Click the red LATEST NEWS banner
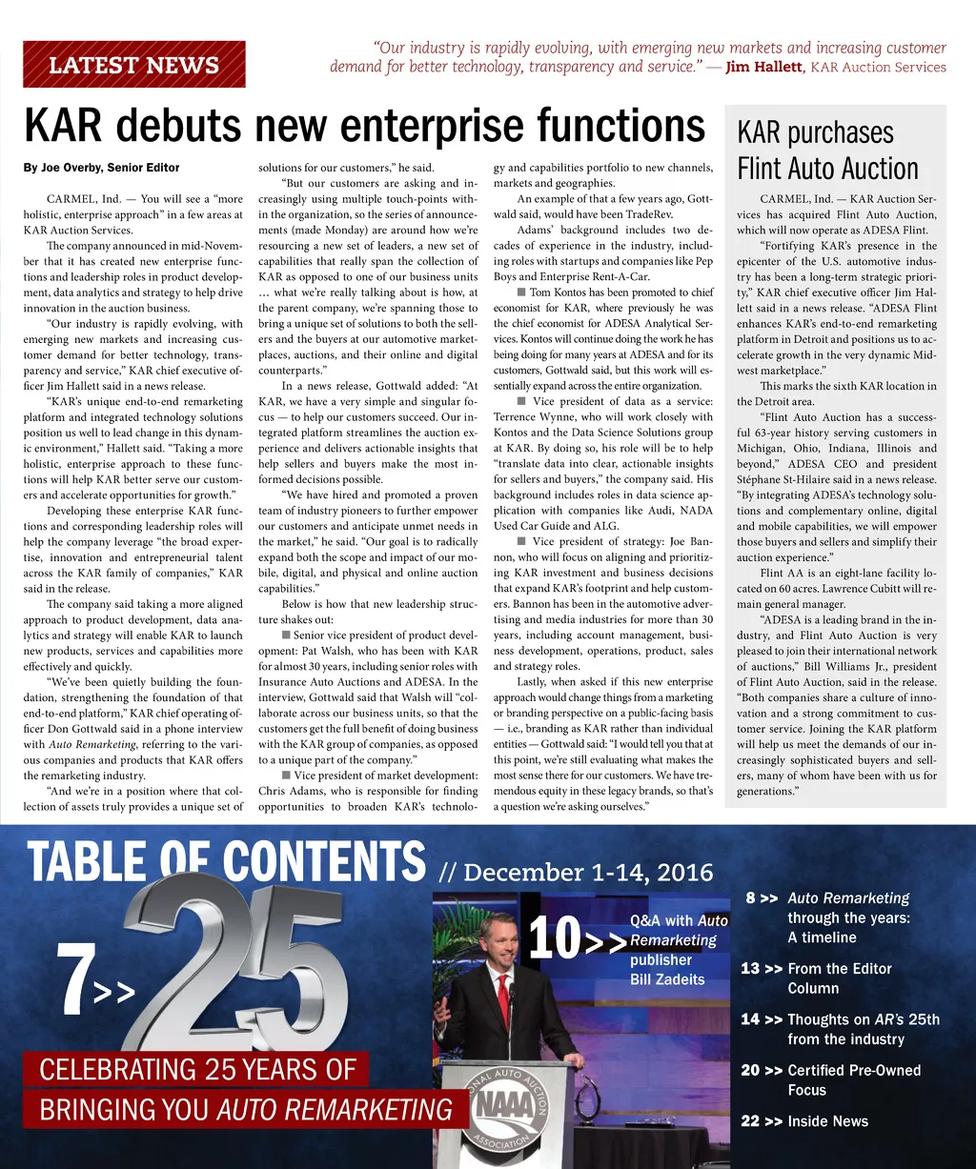pyautogui.click(x=133, y=65)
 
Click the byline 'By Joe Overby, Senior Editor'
pyautogui.click(x=101, y=168)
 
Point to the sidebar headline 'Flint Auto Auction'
pyautogui.click(x=827, y=169)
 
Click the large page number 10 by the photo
pyautogui.click(x=555, y=938)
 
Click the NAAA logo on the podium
pyautogui.click(x=498, y=1106)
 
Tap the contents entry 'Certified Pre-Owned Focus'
pyautogui.click(x=841, y=1079)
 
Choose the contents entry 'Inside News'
pyautogui.click(x=827, y=1121)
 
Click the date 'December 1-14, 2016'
pyautogui.click(x=589, y=872)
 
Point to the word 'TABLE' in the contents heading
pyautogui.click(x=87, y=862)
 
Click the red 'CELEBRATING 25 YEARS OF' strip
pyautogui.click(x=197, y=1069)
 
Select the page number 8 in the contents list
pyautogui.click(x=751, y=897)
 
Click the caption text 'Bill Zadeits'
pyautogui.click(x=667, y=979)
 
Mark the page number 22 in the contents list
pyautogui.click(x=751, y=1121)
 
